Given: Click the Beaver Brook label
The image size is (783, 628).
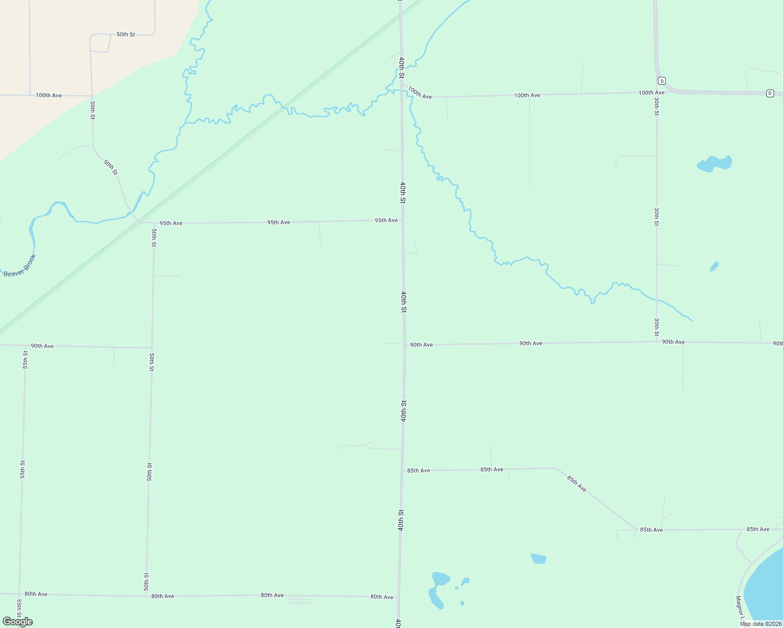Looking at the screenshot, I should (x=20, y=266).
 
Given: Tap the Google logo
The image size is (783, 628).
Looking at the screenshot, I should (x=18, y=622).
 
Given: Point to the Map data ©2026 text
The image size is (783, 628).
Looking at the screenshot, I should (x=760, y=624).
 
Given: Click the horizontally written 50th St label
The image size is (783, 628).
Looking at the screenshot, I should (x=126, y=35).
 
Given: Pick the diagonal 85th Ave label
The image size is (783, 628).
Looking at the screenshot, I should (x=576, y=484).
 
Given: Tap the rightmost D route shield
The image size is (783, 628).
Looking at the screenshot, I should (x=770, y=93).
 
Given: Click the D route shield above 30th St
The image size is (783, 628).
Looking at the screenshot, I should (x=662, y=81).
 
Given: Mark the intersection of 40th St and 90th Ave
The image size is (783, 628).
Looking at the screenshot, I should (x=404, y=344).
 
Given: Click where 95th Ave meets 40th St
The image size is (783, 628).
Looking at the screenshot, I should (x=402, y=220).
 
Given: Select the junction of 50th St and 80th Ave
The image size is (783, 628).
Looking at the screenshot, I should (x=147, y=596).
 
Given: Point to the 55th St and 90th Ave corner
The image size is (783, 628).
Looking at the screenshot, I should (x=25, y=346).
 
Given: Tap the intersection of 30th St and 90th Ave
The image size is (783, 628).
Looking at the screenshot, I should (x=657, y=342).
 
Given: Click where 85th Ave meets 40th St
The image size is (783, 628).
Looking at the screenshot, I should (x=403, y=470).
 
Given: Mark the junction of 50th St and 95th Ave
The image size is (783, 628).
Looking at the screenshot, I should (x=153, y=223).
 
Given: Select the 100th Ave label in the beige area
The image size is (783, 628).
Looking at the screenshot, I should (x=49, y=96).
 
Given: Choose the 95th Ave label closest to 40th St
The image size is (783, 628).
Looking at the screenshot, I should (x=386, y=220).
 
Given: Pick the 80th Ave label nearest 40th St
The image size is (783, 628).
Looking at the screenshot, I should (x=382, y=597).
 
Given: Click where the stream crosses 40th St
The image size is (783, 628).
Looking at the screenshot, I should (x=401, y=90).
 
